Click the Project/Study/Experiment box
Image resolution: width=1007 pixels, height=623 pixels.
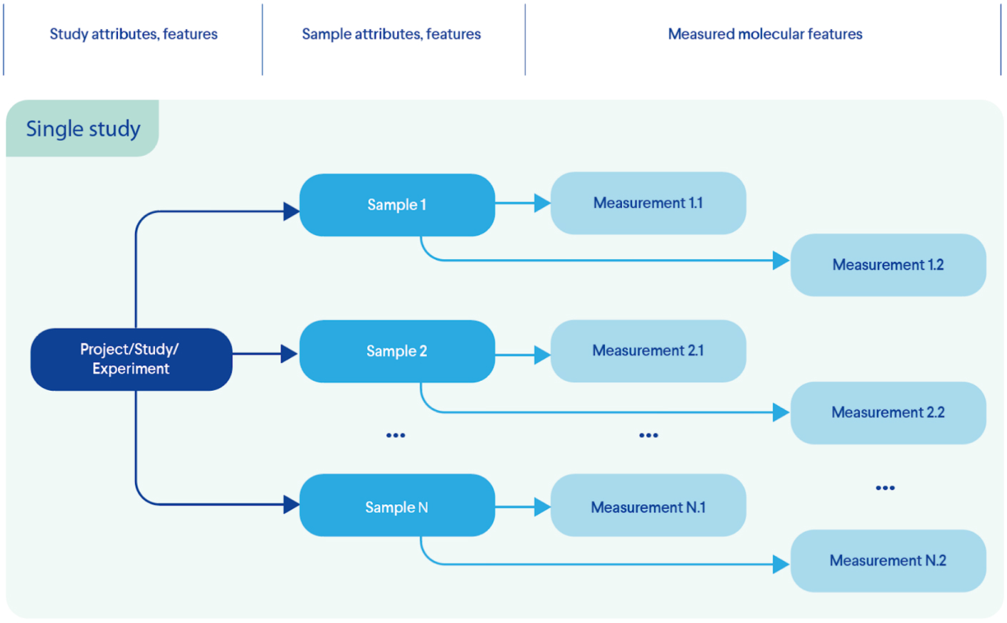(131, 359)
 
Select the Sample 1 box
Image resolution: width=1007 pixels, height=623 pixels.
(397, 205)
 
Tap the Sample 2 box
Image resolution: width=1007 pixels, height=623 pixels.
(397, 352)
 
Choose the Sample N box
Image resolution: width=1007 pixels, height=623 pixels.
(397, 506)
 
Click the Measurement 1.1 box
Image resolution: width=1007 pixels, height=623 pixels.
(648, 204)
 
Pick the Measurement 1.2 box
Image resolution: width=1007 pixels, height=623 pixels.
(888, 265)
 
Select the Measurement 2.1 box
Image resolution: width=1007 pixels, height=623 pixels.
(648, 351)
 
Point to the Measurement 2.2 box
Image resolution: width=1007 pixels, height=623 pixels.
(888, 413)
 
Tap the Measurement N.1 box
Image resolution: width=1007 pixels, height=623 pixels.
(648, 506)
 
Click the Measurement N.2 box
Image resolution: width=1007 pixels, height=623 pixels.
(888, 561)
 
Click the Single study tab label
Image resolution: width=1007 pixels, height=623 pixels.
(83, 129)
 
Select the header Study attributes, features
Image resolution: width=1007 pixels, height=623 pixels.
(134, 34)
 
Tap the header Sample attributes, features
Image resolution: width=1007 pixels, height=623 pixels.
(391, 34)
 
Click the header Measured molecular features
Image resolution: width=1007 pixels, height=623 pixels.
(765, 34)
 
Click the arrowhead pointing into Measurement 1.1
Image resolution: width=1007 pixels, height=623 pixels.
(542, 204)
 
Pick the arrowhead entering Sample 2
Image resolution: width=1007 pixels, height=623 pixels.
(289, 354)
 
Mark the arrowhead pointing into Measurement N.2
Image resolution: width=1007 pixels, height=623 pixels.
(781, 564)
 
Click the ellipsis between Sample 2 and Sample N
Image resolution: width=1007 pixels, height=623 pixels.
(396, 435)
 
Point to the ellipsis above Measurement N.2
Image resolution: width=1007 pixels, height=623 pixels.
(885, 488)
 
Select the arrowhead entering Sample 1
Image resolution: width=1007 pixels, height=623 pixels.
(291, 211)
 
